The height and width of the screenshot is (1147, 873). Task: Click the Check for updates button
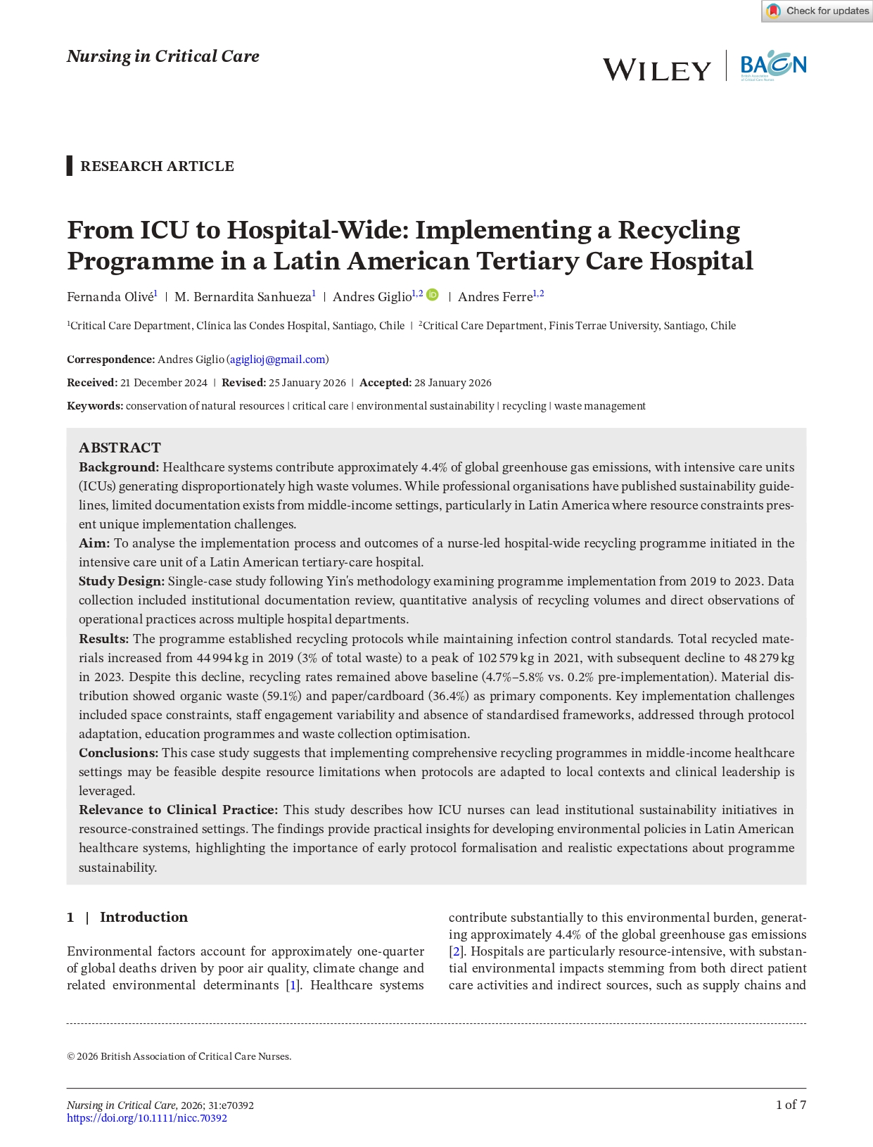[817, 11]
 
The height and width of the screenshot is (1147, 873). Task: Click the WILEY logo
[657, 70]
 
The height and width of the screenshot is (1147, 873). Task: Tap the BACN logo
[773, 65]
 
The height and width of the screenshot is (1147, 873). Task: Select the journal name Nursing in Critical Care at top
[163, 56]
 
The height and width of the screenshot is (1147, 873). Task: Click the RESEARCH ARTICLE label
[157, 166]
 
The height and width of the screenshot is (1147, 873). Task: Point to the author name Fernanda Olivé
[110, 297]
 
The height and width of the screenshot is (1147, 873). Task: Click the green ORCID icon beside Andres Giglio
[433, 295]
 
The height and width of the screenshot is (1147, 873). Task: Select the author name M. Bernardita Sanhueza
[243, 297]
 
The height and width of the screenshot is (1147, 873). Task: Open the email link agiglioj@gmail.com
[278, 360]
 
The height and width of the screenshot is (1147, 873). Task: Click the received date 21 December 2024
[164, 383]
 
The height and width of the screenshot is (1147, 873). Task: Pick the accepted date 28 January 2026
[453, 383]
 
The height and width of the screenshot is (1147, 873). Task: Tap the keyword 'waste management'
[600, 406]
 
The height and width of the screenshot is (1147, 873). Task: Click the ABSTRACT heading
[120, 448]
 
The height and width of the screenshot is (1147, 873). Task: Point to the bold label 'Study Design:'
[122, 581]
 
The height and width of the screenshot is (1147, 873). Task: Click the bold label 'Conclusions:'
[118, 753]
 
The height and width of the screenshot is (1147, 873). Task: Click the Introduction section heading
[144, 917]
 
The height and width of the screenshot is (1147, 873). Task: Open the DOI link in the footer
[147, 1118]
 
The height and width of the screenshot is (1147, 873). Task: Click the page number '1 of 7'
[791, 1105]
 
